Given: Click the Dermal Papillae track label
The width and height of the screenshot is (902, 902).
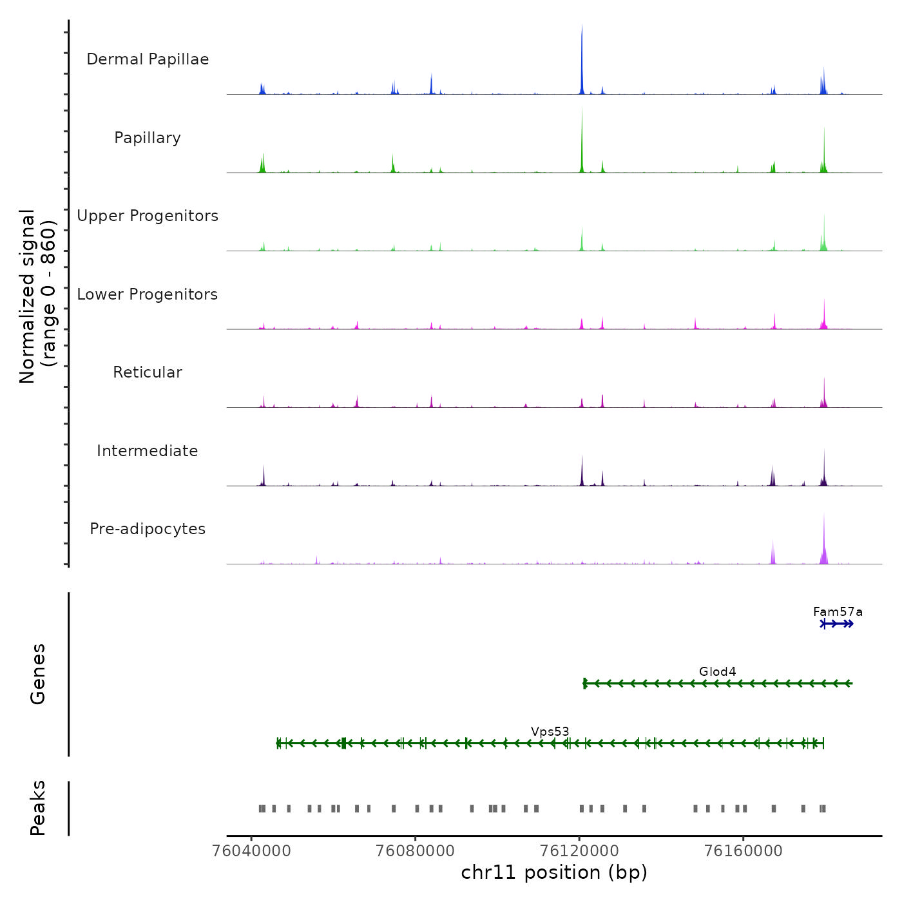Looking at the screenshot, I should [148, 59].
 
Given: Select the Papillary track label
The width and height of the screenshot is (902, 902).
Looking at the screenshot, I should [148, 138].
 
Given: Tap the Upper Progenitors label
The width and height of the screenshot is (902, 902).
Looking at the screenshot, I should [148, 216].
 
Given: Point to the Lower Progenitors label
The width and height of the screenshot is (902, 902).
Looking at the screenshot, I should [148, 294].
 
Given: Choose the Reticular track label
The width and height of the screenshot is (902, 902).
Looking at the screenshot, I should [148, 372].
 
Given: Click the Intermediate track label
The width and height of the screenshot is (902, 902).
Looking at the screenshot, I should [148, 451].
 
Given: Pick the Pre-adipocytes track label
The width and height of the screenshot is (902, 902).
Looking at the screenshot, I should [148, 529].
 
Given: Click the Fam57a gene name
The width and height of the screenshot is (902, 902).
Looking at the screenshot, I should [838, 612].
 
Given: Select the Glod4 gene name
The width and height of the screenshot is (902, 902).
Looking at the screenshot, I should [717, 671].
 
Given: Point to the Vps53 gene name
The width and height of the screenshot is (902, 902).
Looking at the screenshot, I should [550, 731].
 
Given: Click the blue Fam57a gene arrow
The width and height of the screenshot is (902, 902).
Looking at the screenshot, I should [837, 624].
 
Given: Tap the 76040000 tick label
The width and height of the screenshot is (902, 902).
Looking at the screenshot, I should [251, 851].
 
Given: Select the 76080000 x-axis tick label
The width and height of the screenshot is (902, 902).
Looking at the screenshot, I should [416, 851].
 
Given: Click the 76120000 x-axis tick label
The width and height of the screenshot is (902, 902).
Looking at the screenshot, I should [579, 851].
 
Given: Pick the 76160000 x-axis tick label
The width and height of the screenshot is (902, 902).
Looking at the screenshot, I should [744, 851].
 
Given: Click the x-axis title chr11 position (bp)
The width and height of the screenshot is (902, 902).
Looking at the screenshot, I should [554, 872].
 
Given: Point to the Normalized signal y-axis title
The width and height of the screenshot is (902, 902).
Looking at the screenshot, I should [37, 296].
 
